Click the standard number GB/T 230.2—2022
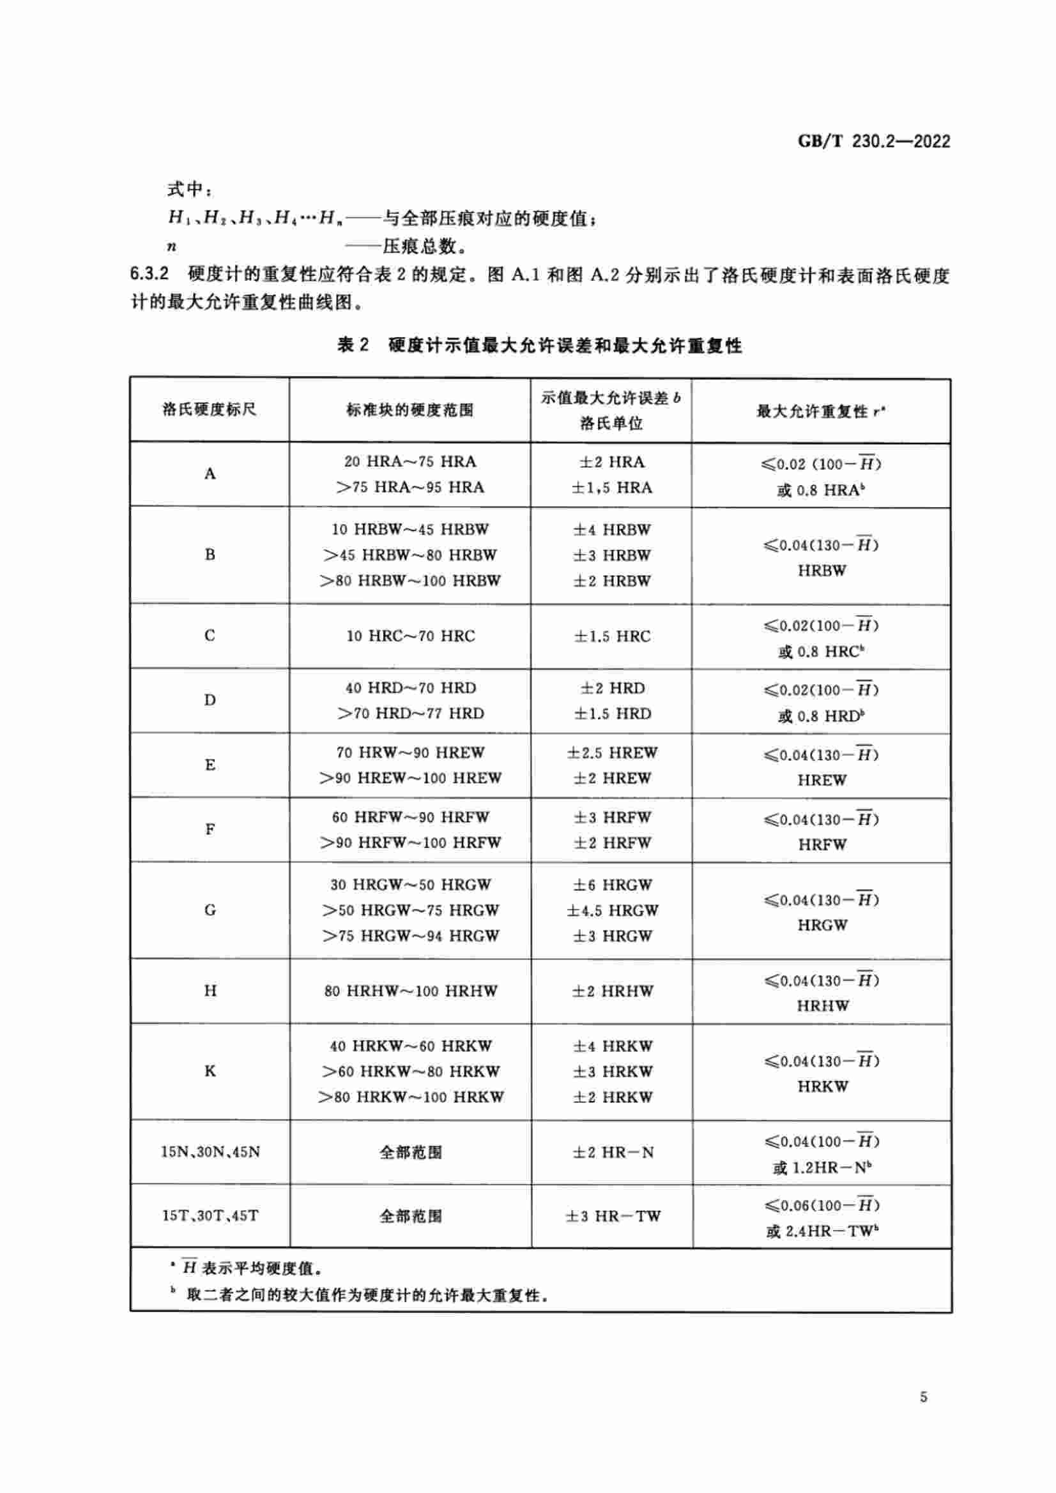873,141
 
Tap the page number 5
923,1397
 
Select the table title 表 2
353,345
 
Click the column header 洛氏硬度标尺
210,409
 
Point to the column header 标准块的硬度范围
410,410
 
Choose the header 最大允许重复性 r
820,411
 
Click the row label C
210,635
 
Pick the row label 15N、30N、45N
210,1152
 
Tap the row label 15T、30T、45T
210,1215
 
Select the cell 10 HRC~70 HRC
410,635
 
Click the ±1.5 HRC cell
611,636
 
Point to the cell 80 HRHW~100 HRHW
411,991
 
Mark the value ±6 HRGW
611,884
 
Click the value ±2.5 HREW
611,753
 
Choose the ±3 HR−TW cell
612,1216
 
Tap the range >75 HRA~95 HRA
410,487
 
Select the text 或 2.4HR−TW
822,1231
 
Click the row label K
210,1071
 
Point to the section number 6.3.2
149,274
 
